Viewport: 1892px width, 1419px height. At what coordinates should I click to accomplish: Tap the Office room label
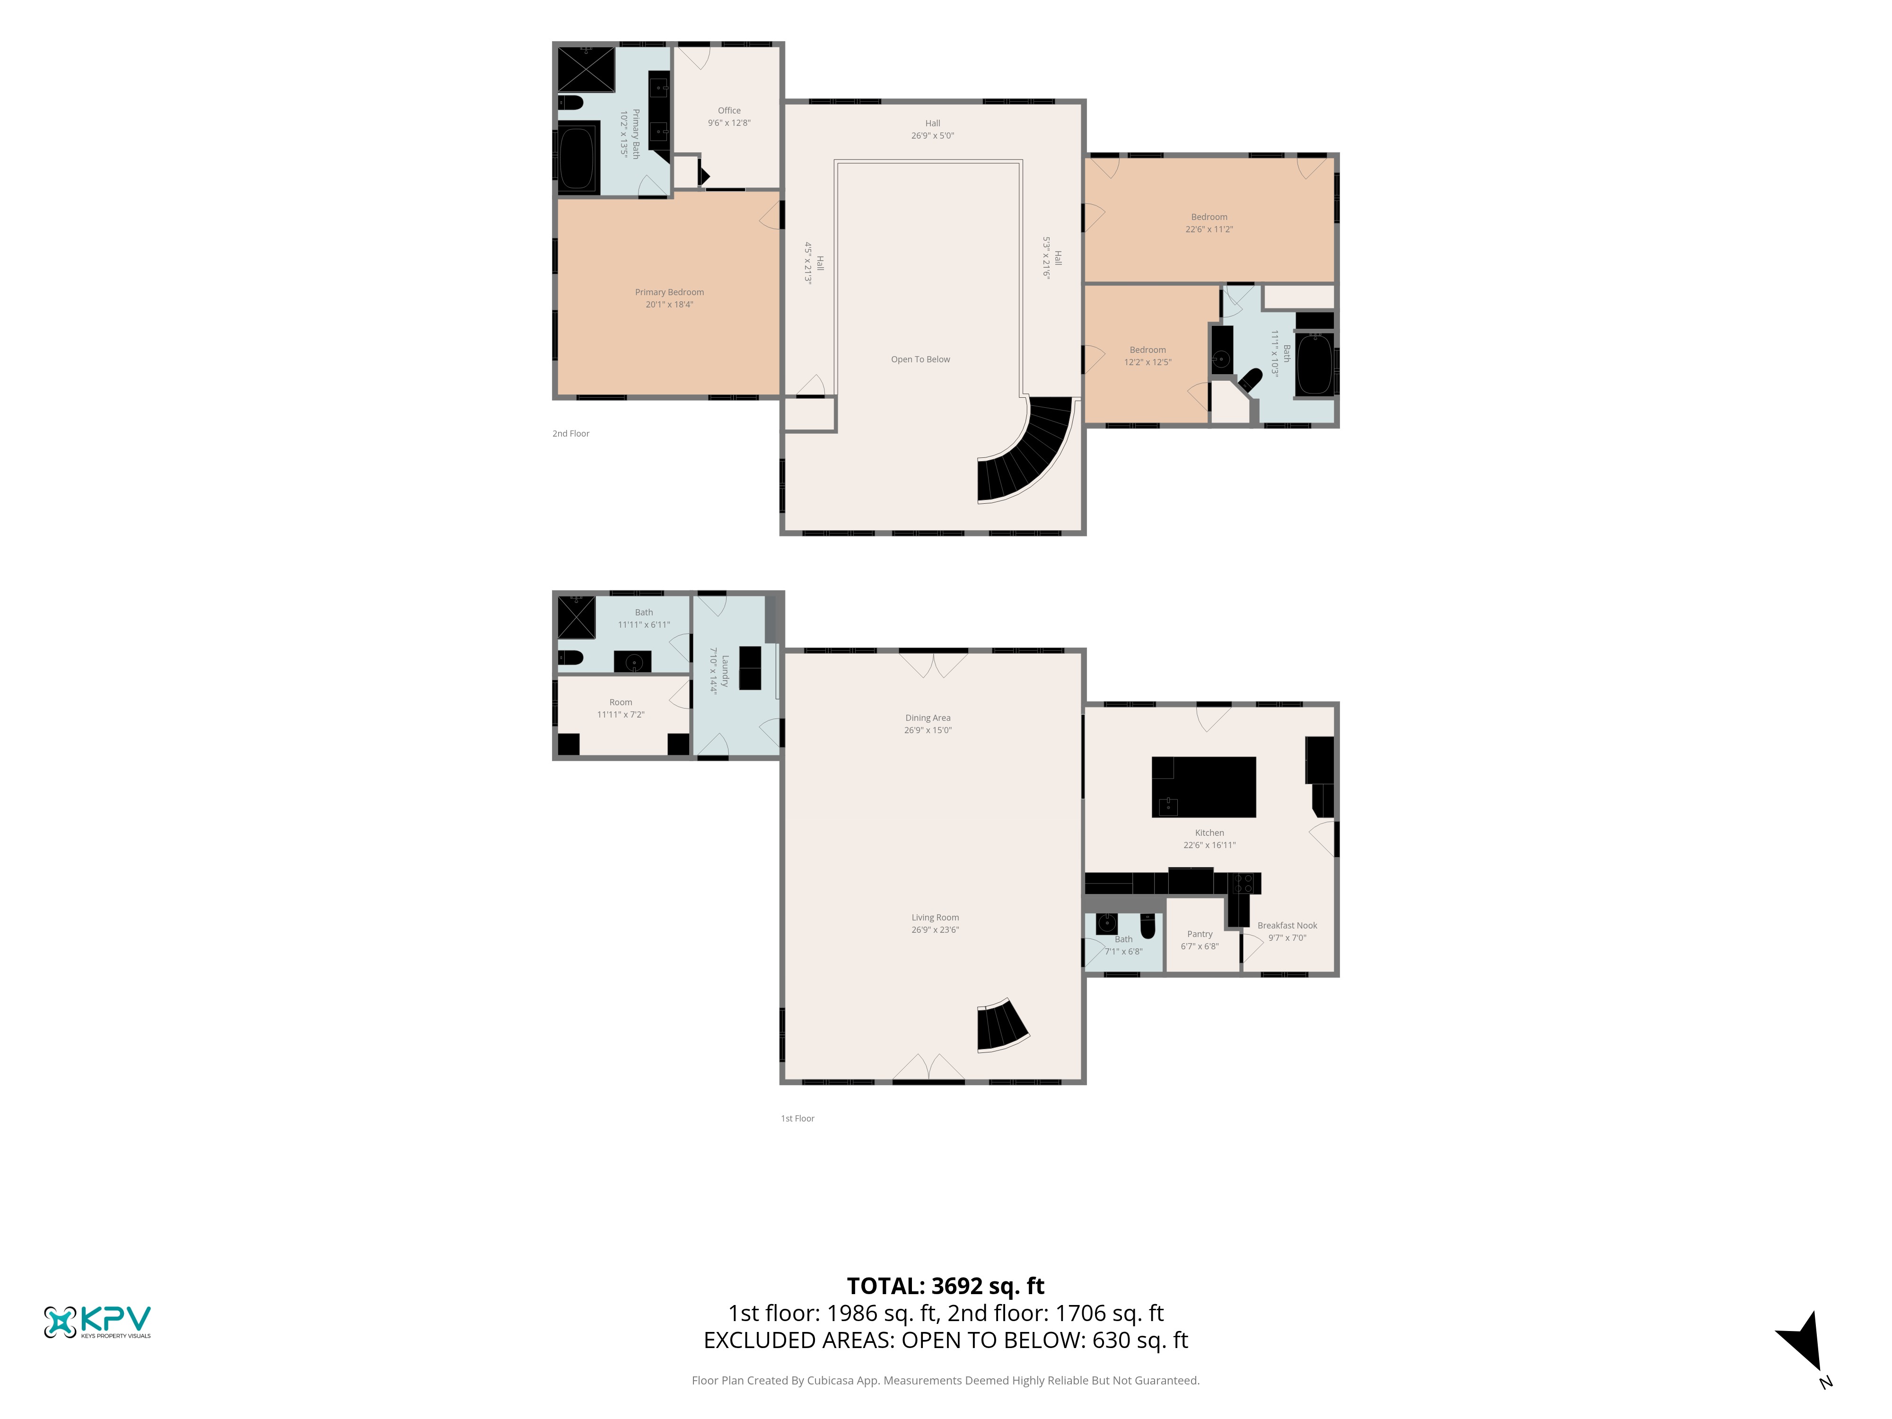point(729,110)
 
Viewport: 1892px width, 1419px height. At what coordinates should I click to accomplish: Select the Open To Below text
point(920,359)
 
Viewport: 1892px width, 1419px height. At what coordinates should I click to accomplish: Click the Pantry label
point(1199,934)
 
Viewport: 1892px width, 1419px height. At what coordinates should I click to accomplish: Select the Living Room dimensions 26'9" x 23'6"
point(935,930)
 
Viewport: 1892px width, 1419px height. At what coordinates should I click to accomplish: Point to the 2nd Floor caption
point(570,434)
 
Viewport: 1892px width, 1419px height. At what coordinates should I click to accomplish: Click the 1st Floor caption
point(797,1118)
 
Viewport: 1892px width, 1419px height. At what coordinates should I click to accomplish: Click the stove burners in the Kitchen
point(1244,884)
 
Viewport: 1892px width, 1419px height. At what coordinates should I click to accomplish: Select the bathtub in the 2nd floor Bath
point(1314,364)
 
